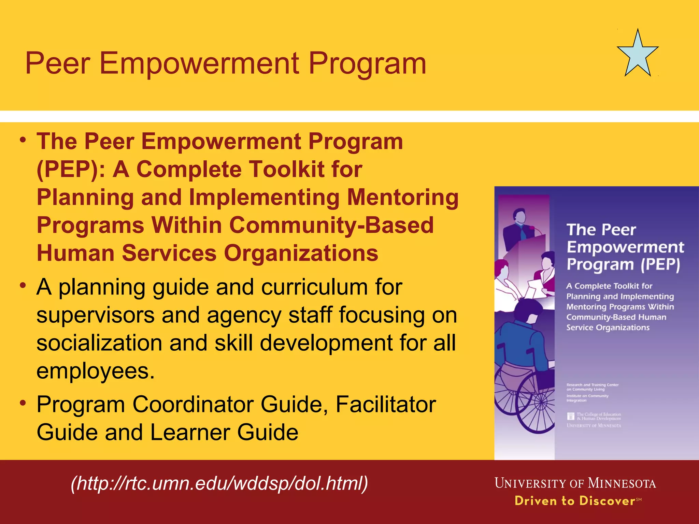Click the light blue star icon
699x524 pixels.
click(638, 55)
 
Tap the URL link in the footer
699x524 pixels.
click(219, 484)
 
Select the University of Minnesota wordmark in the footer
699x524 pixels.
click(575, 483)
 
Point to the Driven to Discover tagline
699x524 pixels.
click(575, 501)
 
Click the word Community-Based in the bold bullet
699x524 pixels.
click(331, 225)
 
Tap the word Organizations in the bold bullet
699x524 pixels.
click(301, 253)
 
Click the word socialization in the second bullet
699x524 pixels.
click(99, 343)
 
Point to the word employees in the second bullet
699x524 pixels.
click(92, 371)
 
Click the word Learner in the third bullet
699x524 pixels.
click(190, 433)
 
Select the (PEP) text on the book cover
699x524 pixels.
click(660, 264)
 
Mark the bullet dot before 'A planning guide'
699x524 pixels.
click(23, 285)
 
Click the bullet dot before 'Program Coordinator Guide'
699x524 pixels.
click(23, 403)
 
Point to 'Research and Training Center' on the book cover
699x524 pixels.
click(593, 385)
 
